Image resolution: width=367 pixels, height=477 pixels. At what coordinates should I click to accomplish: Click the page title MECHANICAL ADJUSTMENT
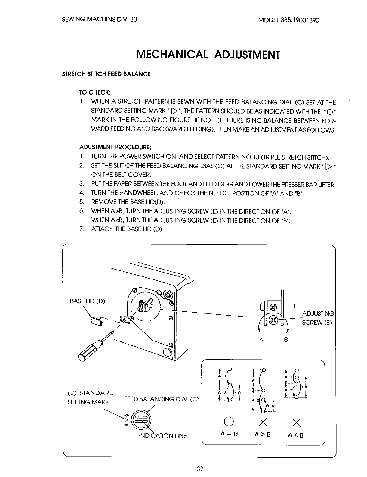click(208, 55)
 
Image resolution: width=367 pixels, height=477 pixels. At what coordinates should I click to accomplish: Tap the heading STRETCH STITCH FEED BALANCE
click(106, 74)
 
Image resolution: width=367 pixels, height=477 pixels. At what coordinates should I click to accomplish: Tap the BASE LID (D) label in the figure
click(88, 301)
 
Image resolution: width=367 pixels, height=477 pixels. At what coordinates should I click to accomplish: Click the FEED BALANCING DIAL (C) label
click(162, 400)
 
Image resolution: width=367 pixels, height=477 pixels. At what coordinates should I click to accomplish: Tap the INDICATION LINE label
click(163, 436)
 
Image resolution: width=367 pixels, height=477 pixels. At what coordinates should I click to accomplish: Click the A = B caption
click(229, 435)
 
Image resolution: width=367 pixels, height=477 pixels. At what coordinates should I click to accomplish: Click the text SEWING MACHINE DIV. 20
click(100, 20)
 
